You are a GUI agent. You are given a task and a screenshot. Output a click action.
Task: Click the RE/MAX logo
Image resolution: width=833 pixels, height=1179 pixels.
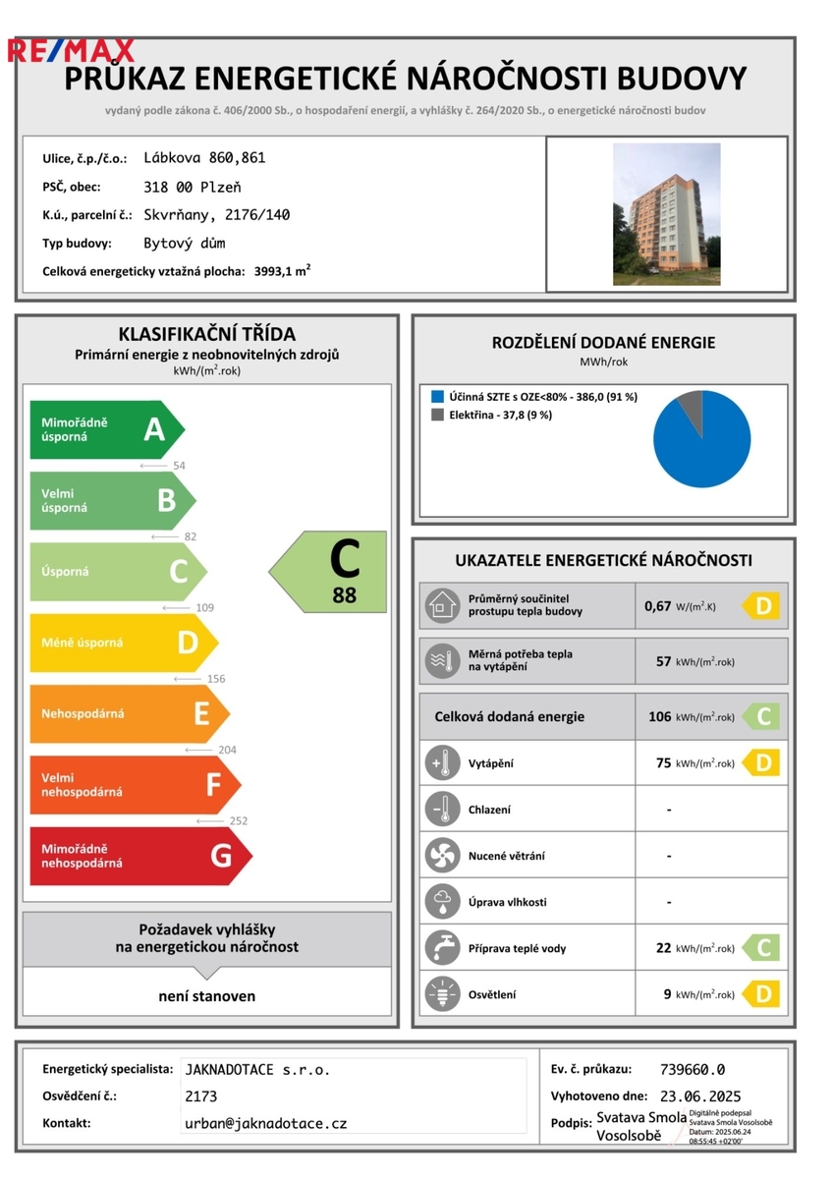point(71,50)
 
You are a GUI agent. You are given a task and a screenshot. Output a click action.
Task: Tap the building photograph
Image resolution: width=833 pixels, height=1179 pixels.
point(666,214)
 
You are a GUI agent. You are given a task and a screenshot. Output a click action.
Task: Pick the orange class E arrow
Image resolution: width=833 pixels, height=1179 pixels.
point(129,713)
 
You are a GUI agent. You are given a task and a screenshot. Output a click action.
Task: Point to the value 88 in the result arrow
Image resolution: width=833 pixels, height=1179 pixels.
point(344,594)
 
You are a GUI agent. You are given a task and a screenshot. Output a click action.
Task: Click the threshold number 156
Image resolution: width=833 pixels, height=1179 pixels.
point(216,679)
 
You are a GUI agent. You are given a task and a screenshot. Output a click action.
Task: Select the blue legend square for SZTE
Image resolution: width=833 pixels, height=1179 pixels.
point(437,397)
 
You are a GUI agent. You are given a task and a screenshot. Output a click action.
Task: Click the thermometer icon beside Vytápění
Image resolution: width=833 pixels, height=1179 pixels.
point(442,763)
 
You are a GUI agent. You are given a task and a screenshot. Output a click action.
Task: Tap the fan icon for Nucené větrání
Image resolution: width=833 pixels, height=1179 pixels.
point(442,856)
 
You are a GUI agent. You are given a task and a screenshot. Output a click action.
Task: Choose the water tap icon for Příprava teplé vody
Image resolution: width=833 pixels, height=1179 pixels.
point(442,948)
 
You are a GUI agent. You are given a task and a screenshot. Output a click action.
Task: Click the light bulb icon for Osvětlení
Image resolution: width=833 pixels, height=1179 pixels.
point(442,994)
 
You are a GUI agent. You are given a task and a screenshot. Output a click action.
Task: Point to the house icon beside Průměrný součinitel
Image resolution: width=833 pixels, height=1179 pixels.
point(442,605)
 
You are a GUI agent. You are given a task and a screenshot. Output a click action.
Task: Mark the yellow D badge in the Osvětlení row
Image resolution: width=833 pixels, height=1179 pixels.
point(761,994)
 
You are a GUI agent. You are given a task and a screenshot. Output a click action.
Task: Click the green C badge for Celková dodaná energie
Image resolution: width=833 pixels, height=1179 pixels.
point(761,717)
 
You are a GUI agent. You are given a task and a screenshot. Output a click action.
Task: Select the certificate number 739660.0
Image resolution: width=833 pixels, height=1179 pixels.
point(693,1070)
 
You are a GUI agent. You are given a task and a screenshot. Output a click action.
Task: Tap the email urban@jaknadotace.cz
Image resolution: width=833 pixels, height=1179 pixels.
point(265,1123)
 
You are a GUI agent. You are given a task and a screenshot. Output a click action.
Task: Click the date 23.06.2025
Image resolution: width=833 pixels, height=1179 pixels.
point(700,1096)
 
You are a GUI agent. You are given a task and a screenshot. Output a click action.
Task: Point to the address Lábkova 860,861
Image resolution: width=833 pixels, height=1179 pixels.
point(204,157)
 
